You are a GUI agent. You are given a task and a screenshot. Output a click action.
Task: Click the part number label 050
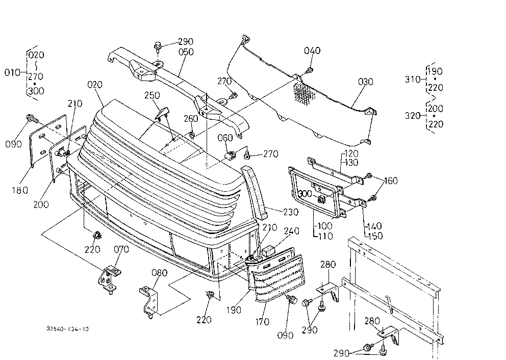point(186,52)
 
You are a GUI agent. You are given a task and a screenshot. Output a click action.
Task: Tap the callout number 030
point(366,82)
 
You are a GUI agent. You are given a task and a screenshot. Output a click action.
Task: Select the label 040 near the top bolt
point(312,50)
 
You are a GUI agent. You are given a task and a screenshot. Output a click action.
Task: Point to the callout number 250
point(152,95)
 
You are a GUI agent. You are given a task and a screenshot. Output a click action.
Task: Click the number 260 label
point(191,119)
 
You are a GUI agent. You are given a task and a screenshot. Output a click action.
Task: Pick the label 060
point(225,138)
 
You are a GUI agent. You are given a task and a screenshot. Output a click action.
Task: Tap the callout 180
point(20,190)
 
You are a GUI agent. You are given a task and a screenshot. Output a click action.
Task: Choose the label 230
point(291,212)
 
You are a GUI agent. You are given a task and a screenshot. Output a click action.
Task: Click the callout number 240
point(291,231)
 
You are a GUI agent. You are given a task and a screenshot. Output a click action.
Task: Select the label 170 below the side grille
point(262,322)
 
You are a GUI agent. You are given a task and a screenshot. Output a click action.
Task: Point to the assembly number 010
point(12,72)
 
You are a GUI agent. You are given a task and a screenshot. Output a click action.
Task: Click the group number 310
point(413,79)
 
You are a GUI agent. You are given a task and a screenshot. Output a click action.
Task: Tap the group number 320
point(413,115)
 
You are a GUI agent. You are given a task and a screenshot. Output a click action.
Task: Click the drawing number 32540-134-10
point(67,329)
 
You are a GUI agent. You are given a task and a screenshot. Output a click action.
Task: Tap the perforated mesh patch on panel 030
point(304,93)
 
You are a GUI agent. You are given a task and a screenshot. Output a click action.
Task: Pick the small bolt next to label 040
point(310,70)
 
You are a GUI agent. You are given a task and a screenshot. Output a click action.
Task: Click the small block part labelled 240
point(268,251)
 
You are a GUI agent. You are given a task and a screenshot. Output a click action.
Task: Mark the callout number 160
point(391,181)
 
